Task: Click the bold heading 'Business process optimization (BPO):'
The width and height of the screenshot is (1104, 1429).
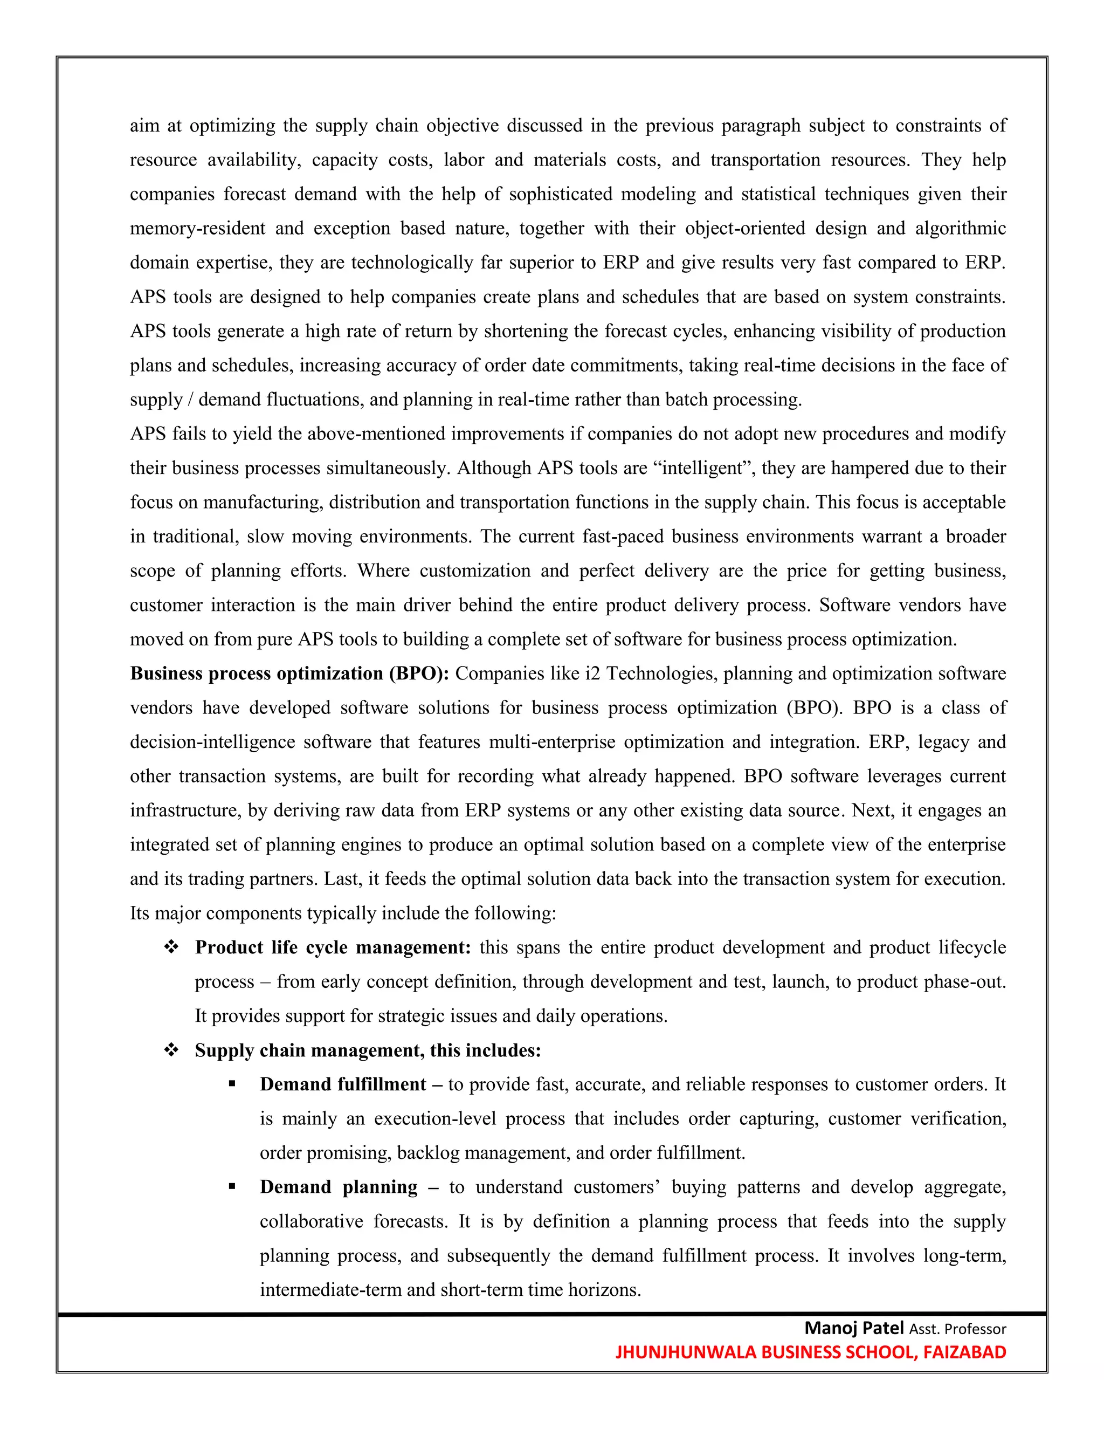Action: pos(289,674)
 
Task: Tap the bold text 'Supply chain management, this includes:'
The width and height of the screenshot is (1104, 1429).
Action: pos(368,1050)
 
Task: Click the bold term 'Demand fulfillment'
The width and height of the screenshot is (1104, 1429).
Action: pos(343,1084)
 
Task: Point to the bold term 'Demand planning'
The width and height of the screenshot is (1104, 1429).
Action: pos(338,1187)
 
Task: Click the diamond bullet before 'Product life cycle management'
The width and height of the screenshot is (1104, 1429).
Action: pos(171,947)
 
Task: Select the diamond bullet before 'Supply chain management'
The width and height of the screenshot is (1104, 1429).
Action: pos(171,1050)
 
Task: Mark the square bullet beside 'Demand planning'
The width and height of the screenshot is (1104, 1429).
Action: pos(232,1187)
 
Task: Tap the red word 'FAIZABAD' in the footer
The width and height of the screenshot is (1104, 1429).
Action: pos(964,1352)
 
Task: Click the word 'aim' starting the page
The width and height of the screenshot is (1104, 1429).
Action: pos(144,126)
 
